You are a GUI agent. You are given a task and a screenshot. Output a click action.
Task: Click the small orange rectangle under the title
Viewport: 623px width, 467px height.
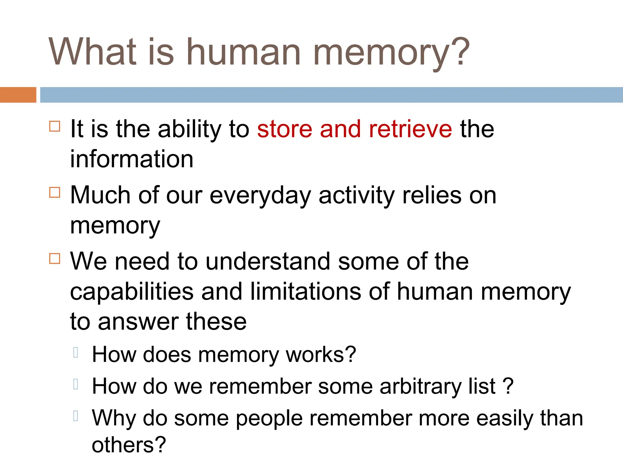point(18,95)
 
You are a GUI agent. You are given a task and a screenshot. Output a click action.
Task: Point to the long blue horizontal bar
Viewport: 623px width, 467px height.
point(331,95)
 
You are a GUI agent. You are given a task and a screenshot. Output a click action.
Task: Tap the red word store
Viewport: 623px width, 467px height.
point(284,129)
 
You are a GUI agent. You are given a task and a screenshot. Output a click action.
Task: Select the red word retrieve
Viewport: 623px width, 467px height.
point(410,129)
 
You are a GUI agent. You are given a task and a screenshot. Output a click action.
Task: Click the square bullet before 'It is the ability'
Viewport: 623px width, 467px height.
point(55,126)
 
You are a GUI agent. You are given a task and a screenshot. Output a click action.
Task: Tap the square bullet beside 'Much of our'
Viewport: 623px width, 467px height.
point(55,192)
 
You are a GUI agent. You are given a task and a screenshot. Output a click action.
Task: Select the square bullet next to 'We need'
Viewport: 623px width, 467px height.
point(55,258)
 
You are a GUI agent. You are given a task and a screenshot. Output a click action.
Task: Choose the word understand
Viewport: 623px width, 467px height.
point(268,261)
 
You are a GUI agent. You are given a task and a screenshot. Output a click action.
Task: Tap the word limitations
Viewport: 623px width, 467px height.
point(305,292)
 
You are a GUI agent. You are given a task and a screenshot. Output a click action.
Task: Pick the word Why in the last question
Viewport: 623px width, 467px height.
point(114,419)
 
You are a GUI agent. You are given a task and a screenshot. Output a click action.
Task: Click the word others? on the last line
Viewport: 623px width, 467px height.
point(129,445)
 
